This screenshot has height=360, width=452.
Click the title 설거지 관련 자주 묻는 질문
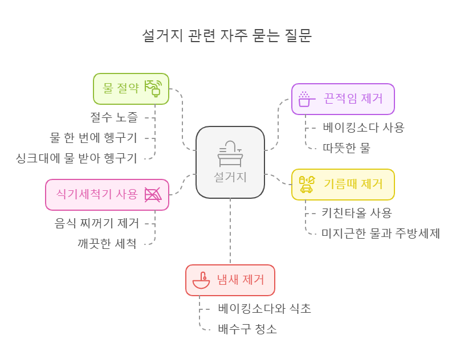(226, 36)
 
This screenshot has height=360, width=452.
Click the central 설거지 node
(230, 162)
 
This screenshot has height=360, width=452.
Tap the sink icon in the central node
(230, 153)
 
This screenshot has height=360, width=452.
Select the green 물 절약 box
(131, 89)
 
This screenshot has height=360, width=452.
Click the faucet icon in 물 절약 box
(153, 88)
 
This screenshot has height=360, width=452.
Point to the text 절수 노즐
(113, 118)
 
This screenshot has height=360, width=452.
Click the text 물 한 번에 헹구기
(93, 137)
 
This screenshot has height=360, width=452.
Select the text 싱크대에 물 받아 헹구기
(76, 157)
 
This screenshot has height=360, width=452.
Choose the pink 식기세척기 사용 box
(107, 194)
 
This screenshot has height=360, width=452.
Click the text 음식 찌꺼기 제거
(96, 224)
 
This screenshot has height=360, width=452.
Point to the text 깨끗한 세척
(107, 243)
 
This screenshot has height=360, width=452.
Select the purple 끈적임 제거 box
(343, 99)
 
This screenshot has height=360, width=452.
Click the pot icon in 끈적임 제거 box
(305, 99)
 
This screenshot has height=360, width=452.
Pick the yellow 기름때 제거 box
(343, 184)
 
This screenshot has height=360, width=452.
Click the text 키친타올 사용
(357, 213)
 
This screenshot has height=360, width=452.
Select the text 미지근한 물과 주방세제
(381, 233)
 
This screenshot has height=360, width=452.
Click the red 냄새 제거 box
(230, 280)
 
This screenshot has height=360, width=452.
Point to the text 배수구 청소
(247, 329)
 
